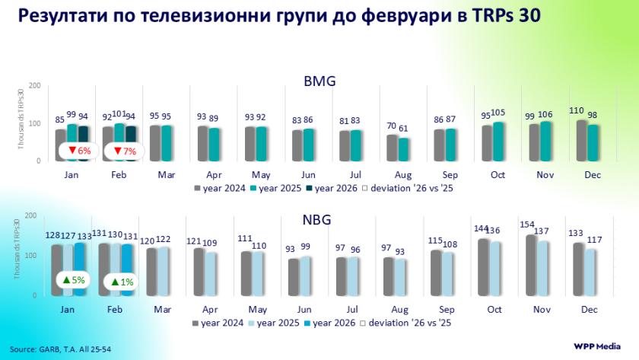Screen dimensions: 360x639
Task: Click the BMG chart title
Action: (x=319, y=81)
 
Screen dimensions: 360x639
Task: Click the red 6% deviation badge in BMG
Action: (x=79, y=151)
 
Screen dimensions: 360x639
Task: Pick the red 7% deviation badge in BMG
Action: (x=123, y=151)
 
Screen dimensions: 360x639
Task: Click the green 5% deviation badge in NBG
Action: (x=73, y=280)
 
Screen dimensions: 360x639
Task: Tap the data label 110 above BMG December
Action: (x=578, y=111)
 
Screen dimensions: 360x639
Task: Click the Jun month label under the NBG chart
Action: (x=304, y=310)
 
